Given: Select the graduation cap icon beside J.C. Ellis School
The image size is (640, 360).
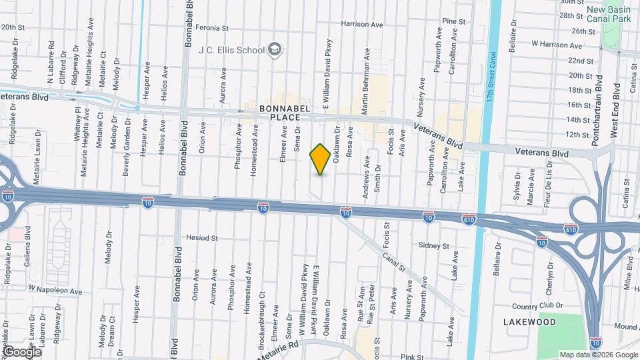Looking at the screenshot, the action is pos(274,49).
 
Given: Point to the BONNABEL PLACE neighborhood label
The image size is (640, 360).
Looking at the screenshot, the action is pos(281,112).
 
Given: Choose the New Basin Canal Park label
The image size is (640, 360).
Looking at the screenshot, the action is pos(612,15).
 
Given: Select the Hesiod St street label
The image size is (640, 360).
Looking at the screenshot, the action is pos(203,237).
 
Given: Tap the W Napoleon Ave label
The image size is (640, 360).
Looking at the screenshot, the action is pos(55,291).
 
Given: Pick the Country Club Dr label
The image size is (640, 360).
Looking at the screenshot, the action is pos(539,306).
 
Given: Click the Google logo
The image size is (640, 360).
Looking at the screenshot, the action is pos(22,351).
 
